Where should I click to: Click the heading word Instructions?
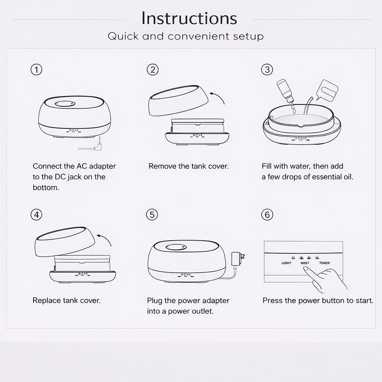pos(189,18)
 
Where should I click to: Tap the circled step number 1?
pos(36,70)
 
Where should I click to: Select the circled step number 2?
pos(153,70)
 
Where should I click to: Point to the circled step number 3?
pos(267,70)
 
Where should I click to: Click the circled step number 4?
pos(36,215)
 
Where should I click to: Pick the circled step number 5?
pos(152,215)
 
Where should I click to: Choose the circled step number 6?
pos(267,215)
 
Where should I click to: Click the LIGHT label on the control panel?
pos(286,263)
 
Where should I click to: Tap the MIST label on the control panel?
pos(305,263)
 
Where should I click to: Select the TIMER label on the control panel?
pos(324,263)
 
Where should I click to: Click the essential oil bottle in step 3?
pos(285,91)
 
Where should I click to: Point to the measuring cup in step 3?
pos(327,90)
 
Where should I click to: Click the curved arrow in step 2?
pos(217,97)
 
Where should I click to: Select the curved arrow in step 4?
pos(104,240)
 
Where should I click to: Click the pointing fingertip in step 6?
pos(305,269)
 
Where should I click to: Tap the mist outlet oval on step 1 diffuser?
pos(64,104)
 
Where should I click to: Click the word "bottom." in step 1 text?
pos(46,188)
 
